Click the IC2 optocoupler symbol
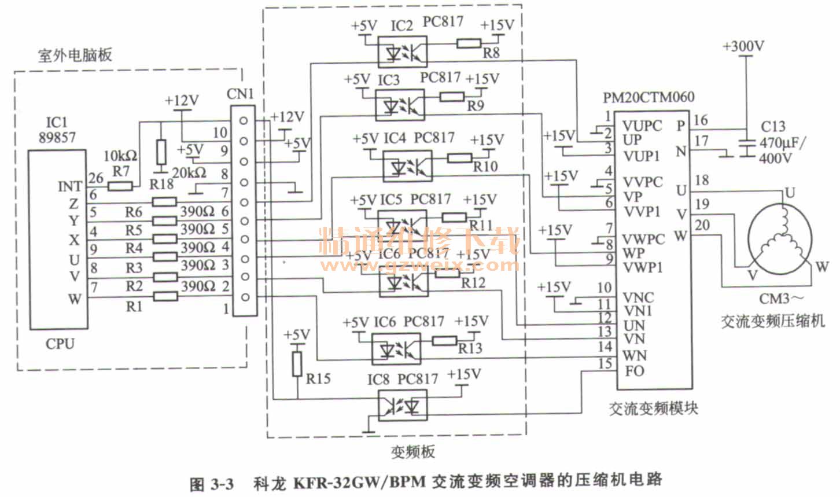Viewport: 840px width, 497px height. point(401,51)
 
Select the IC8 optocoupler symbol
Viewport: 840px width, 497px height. point(401,405)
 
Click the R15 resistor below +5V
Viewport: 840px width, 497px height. point(297,363)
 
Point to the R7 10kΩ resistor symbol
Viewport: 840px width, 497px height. point(120,186)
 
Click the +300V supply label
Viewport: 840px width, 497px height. point(743,46)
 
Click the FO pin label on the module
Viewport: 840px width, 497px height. point(634,370)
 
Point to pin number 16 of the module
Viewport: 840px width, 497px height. point(701,120)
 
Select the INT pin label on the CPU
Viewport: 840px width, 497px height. point(70,186)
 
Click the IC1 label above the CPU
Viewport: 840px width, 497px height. point(57,122)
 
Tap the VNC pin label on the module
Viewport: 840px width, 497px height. point(638,297)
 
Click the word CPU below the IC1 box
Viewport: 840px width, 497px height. point(60,344)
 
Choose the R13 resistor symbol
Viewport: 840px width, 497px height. point(445,340)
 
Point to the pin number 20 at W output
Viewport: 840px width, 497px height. point(702,224)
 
